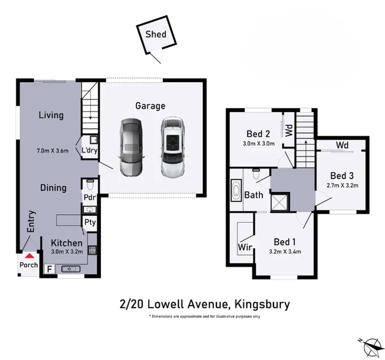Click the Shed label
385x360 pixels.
[x=156, y=34]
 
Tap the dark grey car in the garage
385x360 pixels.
[x=131, y=147]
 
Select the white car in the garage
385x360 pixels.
[x=173, y=147]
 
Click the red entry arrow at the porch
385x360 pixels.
[x=29, y=256]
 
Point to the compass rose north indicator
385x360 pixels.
[x=371, y=347]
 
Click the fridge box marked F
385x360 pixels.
[x=49, y=269]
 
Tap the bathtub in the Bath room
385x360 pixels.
[x=236, y=190]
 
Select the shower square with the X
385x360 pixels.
[x=280, y=202]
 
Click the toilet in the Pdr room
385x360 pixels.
[x=90, y=185]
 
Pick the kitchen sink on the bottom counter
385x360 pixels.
[x=70, y=269]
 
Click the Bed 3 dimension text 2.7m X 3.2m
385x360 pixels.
[x=342, y=185]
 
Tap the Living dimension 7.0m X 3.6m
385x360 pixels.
[x=52, y=151]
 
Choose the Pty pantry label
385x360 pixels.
[x=90, y=223]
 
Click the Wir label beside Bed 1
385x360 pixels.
[x=245, y=247]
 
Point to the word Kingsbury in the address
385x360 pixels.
[x=262, y=304]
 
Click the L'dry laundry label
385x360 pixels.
[x=89, y=150]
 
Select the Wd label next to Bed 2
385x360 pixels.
[x=289, y=130]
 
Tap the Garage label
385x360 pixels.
[x=150, y=106]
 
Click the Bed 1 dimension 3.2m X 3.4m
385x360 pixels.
[x=285, y=251]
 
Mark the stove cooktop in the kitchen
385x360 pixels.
[x=92, y=250]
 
